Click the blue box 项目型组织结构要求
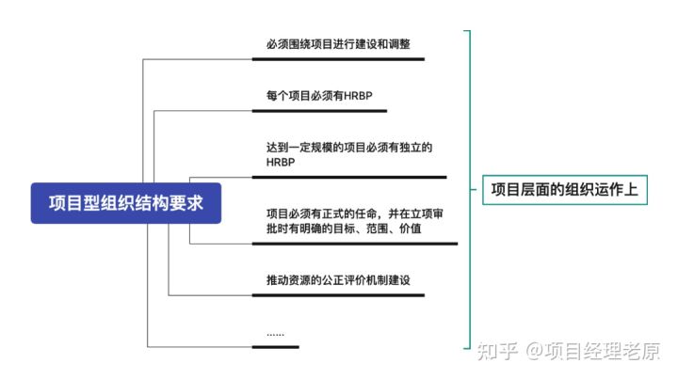[125, 201]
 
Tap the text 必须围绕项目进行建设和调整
[338, 44]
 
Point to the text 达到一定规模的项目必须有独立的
[348, 148]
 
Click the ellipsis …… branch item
[275, 333]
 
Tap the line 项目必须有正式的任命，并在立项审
[355, 213]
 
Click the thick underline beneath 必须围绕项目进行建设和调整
[338, 59]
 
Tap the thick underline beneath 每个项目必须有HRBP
[319, 111]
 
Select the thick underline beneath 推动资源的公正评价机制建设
[338, 295]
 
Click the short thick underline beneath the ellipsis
[276, 347]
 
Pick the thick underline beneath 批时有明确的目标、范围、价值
[354, 245]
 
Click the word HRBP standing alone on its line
[281, 163]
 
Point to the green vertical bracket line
[469, 189]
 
